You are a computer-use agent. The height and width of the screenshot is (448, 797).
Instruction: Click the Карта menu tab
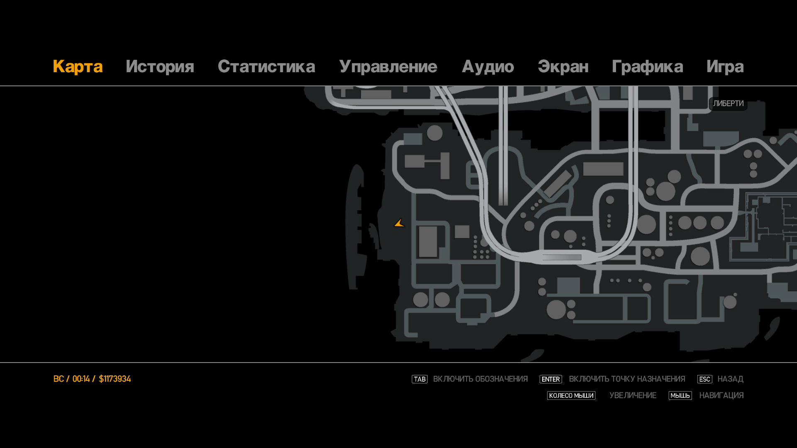pyautogui.click(x=78, y=67)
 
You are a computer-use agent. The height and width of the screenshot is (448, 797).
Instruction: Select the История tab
pyautogui.click(x=160, y=67)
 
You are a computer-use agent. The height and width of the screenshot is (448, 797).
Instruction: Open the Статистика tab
pyautogui.click(x=266, y=67)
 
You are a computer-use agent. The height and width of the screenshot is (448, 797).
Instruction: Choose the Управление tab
pyautogui.click(x=388, y=67)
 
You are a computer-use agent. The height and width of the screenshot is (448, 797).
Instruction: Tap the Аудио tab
pyautogui.click(x=488, y=67)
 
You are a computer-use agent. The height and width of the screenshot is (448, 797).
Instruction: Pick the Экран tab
pyautogui.click(x=563, y=67)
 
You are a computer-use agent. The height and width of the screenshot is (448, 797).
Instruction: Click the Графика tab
pyautogui.click(x=647, y=67)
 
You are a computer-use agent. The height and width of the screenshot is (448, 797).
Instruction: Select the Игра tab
pyautogui.click(x=725, y=67)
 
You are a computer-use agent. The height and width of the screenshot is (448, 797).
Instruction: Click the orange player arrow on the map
pyautogui.click(x=399, y=223)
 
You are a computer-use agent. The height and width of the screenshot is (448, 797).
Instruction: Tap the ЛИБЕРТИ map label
pyautogui.click(x=728, y=104)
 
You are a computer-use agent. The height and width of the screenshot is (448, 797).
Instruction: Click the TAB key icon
pyautogui.click(x=420, y=379)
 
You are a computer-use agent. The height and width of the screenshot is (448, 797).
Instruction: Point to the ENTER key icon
pyautogui.click(x=550, y=379)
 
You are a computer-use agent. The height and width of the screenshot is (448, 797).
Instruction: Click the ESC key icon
pyautogui.click(x=704, y=379)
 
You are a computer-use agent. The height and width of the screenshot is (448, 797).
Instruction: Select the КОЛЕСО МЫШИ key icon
pyautogui.click(x=571, y=396)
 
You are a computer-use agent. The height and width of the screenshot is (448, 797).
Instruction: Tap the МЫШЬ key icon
pyautogui.click(x=680, y=396)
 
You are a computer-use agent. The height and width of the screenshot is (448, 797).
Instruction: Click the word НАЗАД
pyautogui.click(x=730, y=379)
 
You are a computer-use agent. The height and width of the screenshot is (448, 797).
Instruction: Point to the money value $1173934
pyautogui.click(x=115, y=379)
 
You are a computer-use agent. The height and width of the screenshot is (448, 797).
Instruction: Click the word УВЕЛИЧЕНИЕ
pyautogui.click(x=633, y=396)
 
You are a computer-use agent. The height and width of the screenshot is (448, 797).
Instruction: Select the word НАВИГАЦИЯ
pyautogui.click(x=721, y=396)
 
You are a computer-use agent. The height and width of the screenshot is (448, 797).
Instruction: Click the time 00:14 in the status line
pyautogui.click(x=81, y=379)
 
